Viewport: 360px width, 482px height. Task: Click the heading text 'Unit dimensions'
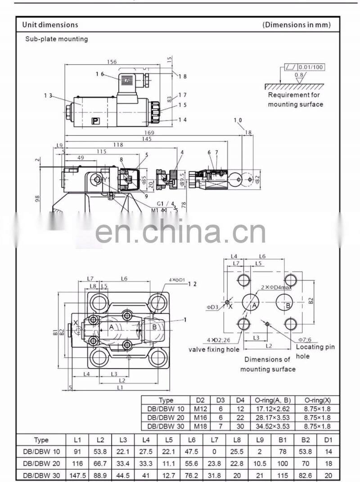coord(50,25)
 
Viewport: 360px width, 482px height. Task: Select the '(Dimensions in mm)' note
coord(297,25)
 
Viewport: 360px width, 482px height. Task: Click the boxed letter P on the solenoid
coord(95,120)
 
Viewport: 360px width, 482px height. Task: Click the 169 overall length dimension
coord(149,132)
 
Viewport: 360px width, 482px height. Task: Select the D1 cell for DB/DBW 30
coord(328,475)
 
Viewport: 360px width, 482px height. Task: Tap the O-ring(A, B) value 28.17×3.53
coord(273,418)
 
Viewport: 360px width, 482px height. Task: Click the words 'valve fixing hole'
coord(214,349)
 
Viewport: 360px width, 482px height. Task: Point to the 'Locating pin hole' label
coord(315,351)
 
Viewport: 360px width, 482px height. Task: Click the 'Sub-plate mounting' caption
coord(56,39)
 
